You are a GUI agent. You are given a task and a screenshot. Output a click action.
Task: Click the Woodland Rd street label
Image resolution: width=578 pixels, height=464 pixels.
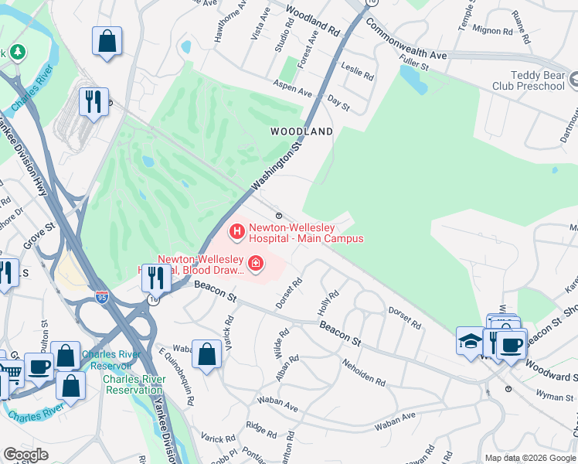pos(313,22)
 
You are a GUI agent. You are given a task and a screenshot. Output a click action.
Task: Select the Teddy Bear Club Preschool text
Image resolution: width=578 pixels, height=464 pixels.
pos(527,80)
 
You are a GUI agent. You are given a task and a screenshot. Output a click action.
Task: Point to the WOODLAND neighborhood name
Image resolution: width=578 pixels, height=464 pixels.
pos(301,131)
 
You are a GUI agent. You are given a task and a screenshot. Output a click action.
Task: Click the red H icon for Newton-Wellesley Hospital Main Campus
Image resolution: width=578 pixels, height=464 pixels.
pos(236,230)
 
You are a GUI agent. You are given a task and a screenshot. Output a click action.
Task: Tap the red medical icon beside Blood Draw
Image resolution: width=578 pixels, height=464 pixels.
pos(255,265)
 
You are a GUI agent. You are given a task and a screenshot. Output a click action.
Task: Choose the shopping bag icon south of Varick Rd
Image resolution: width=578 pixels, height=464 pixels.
pos(207,355)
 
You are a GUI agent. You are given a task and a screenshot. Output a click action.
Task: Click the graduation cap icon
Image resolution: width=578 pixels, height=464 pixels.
pos(470,340)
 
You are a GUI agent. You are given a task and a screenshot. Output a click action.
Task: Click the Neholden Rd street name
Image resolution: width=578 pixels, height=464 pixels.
pos(361,374)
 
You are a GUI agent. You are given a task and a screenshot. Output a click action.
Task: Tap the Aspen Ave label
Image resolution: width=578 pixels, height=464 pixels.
pos(293,88)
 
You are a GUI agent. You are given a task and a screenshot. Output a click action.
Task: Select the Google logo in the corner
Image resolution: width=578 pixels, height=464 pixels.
pos(25,455)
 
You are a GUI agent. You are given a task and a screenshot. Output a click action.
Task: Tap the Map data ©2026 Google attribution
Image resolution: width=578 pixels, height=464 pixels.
pos(529,458)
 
